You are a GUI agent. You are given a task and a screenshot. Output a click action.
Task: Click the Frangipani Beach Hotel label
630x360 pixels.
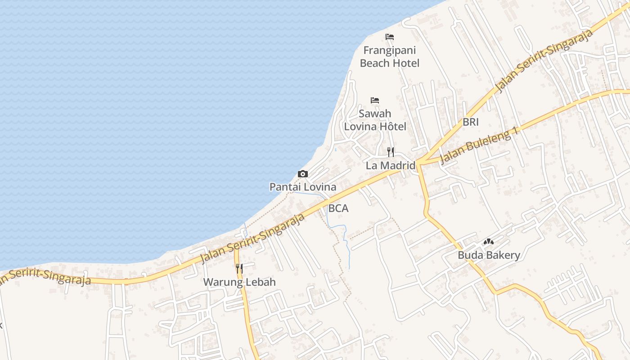tap(390, 57)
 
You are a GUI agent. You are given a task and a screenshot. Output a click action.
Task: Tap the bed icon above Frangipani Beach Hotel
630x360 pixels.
tap(390, 37)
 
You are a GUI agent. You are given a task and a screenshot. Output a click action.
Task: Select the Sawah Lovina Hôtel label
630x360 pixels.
tap(375, 120)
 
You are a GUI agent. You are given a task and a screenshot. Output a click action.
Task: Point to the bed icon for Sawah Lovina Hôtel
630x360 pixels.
tap(375, 100)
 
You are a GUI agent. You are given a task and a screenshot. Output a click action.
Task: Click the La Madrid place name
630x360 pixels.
tap(390, 166)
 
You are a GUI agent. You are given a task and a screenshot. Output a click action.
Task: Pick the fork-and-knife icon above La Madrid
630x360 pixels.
tap(391, 152)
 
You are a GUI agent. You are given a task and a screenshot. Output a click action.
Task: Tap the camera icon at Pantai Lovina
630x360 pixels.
tap(303, 174)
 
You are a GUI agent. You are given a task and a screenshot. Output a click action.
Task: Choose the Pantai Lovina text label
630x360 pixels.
tap(303, 187)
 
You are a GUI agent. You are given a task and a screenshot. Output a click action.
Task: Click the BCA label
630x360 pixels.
tap(338, 208)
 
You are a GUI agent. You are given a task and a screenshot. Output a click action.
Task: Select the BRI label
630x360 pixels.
tap(471, 122)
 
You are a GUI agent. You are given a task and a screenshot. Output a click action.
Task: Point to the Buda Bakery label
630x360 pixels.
tap(489, 255)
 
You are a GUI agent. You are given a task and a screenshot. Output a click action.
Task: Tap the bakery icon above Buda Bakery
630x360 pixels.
tap(489, 242)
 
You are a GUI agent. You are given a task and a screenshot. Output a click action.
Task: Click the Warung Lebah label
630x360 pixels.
tap(239, 282)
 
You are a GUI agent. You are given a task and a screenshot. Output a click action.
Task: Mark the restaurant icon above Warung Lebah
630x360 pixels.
tap(239, 269)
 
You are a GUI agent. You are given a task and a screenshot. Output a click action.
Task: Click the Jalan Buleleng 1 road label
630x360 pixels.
tap(480, 145)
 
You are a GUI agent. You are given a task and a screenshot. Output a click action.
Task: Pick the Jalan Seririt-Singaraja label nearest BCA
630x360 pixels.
tap(252, 238)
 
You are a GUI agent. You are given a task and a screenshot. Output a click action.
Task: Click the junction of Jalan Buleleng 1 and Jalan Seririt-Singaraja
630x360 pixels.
tap(419, 162)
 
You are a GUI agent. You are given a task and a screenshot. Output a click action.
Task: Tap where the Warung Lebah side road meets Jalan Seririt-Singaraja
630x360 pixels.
tap(236, 250)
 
